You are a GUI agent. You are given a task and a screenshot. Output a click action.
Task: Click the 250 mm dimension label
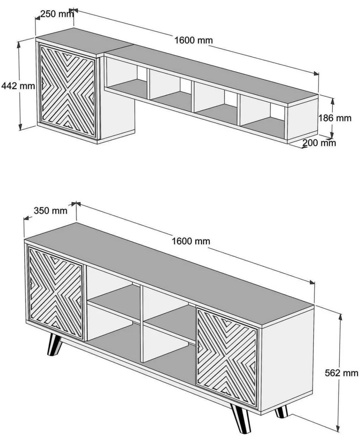pyautogui.click(x=57, y=14)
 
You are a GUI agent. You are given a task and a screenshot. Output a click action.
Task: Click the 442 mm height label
pyautogui.click(x=18, y=86)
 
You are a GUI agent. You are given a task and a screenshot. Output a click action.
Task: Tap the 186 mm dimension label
pyautogui.click(x=335, y=118)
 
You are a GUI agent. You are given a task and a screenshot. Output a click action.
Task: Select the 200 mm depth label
pyautogui.click(x=319, y=143)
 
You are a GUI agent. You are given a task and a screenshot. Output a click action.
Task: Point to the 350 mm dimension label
pyautogui.click(x=51, y=211)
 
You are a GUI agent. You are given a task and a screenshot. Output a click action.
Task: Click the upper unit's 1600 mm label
pyautogui.click(x=193, y=40)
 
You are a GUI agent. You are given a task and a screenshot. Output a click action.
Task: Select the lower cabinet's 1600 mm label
pyautogui.click(x=191, y=241)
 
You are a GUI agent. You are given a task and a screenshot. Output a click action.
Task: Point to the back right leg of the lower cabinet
pyautogui.click(x=280, y=411)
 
